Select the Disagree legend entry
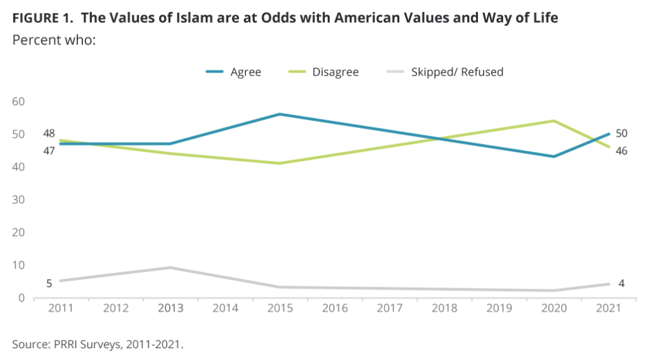click(x=335, y=72)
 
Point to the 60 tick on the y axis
click(x=19, y=101)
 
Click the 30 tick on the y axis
click(x=19, y=200)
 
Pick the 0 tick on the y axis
click(x=22, y=297)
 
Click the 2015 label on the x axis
click(x=280, y=309)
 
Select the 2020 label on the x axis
click(x=555, y=309)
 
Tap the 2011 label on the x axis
click(x=60, y=309)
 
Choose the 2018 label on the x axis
click(x=445, y=309)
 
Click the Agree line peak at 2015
click(x=280, y=114)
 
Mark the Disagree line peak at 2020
click(x=555, y=120)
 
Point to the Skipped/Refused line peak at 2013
click(x=170, y=267)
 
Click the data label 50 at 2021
click(x=622, y=134)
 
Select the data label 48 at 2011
click(x=49, y=133)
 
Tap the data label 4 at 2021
click(x=621, y=283)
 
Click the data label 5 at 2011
click(x=49, y=283)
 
